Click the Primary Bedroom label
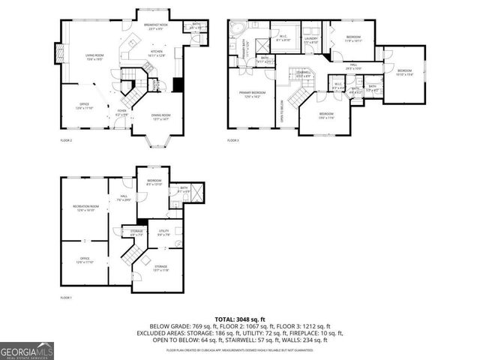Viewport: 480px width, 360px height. click(249, 94)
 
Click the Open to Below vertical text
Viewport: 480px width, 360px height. click(281, 110)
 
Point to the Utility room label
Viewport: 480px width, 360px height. click(163, 232)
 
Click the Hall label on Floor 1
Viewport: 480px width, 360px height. click(121, 199)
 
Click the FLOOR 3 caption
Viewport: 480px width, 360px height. click(233, 140)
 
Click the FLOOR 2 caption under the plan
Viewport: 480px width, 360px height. click(66, 140)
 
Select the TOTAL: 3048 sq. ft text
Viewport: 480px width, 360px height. click(239, 319)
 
